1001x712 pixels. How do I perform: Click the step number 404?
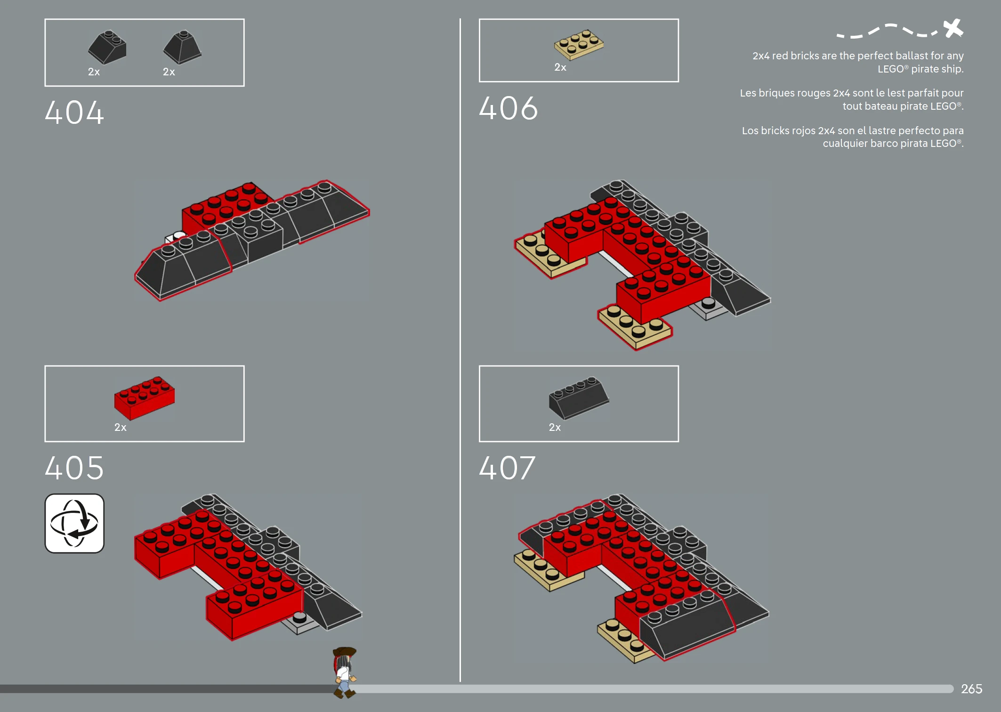click(x=74, y=113)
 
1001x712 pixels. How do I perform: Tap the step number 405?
click(x=74, y=468)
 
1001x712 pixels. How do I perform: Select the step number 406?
click(x=508, y=109)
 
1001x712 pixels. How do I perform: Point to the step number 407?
click(x=507, y=468)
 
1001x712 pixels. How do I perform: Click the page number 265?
click(x=971, y=689)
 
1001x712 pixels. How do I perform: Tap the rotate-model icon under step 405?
click(x=74, y=523)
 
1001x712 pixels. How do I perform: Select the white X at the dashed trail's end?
click(x=953, y=28)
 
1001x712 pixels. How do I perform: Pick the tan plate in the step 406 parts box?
click(x=579, y=45)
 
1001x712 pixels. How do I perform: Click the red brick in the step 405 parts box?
click(x=144, y=397)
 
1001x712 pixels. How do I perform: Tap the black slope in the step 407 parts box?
click(x=578, y=398)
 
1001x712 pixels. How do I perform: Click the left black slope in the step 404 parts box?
click(x=107, y=48)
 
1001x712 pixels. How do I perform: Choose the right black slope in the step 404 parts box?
click(x=182, y=48)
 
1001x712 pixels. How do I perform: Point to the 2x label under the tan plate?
click(x=560, y=67)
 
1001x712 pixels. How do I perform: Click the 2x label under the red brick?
click(x=120, y=427)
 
